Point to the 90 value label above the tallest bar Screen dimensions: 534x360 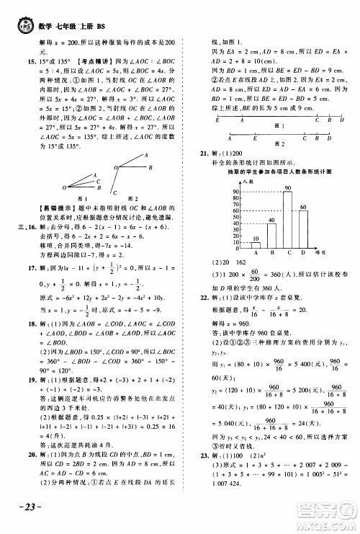point(288,189)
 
